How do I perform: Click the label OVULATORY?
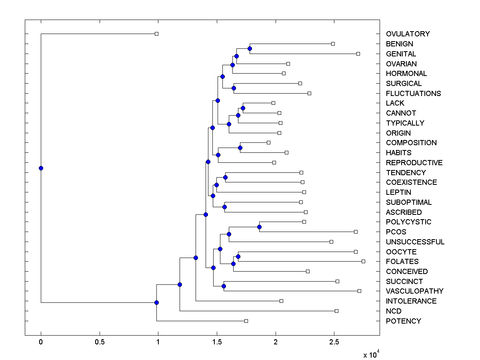pyautogui.click(x=408, y=34)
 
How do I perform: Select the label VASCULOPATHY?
pyautogui.click(x=414, y=291)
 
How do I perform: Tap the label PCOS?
pyautogui.click(x=396, y=232)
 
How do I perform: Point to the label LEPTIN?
pyautogui.click(x=398, y=192)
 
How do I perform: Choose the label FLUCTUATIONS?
pyautogui.click(x=413, y=93)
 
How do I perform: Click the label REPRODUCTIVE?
pyautogui.click(x=414, y=163)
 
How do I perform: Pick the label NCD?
pyautogui.click(x=394, y=311)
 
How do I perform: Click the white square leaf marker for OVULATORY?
pyautogui.click(x=157, y=34)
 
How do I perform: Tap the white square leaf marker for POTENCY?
pyautogui.click(x=246, y=321)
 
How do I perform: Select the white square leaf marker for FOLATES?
pyautogui.click(x=363, y=261)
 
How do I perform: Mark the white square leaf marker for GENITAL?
pyautogui.click(x=358, y=54)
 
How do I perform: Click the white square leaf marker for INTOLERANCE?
pyautogui.click(x=281, y=301)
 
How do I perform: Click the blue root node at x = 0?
pyautogui.click(x=41, y=168)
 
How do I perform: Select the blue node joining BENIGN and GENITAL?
pyautogui.click(x=250, y=48)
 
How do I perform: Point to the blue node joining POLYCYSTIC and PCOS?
pyautogui.click(x=259, y=227)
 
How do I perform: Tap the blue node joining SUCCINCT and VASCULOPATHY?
pyautogui.click(x=224, y=286)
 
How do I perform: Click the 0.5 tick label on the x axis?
pyautogui.click(x=99, y=342)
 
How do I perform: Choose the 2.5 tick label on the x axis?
pyautogui.click(x=334, y=342)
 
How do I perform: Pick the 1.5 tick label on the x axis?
pyautogui.click(x=217, y=342)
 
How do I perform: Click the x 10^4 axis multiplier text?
pyautogui.click(x=370, y=354)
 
